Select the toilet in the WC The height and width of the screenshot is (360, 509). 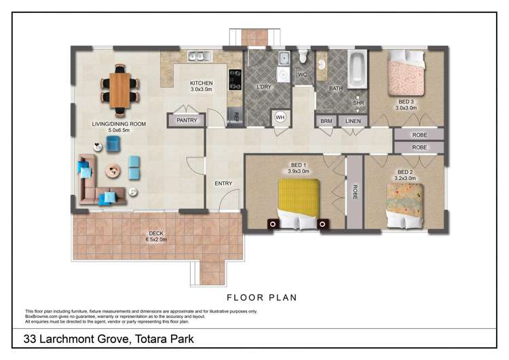pyautogui.click(x=303, y=58)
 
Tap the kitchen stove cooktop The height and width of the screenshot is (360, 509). pyautogui.click(x=235, y=80)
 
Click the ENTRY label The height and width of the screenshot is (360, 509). pyautogui.click(x=223, y=183)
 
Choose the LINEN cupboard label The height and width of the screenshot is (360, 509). pyautogui.click(x=352, y=121)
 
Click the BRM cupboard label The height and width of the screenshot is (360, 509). pyautogui.click(x=326, y=121)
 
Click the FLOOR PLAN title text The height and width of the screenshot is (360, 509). pyautogui.click(x=261, y=298)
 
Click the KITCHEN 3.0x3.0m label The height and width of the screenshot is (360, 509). pyautogui.click(x=201, y=86)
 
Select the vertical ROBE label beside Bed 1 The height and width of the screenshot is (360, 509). pyautogui.click(x=354, y=192)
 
